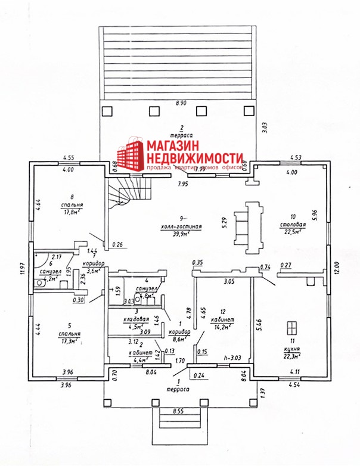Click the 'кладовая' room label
coord(136,318)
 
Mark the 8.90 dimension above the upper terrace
coord(181,104)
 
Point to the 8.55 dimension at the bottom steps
coord(179,411)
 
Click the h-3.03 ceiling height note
coord(229,358)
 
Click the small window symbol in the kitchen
coord(291,328)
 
